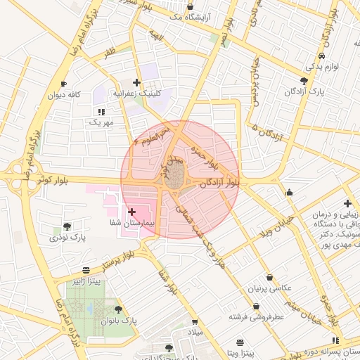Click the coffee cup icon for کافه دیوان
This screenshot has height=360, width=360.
(x=64, y=84)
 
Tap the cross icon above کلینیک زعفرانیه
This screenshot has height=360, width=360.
(x=136, y=82)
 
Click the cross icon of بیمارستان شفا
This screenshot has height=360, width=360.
(x=132, y=212)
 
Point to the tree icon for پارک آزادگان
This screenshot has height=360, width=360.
(x=304, y=81)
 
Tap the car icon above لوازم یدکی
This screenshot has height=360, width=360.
(x=321, y=56)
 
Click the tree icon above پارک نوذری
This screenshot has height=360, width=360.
(x=67, y=226)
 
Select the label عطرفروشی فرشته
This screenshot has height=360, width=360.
(x=255, y=317)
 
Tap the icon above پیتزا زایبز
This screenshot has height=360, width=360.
(x=86, y=270)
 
